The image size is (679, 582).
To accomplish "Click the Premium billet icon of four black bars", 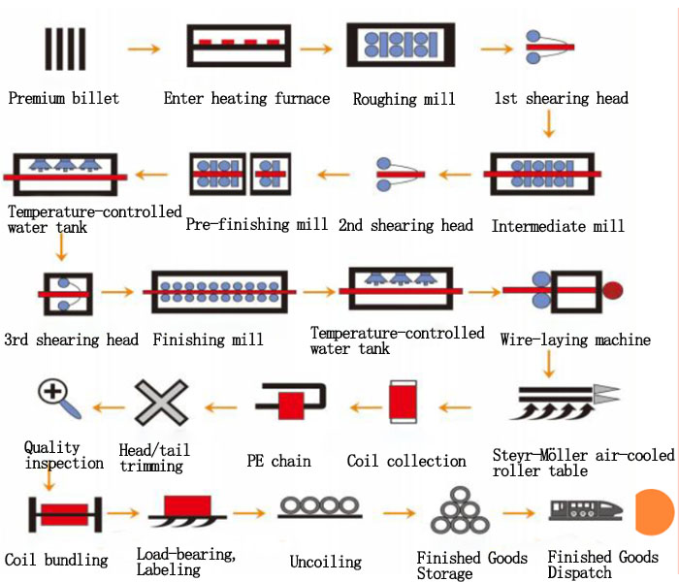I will pos(65,46).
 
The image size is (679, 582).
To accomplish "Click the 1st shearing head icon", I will pos(549,45).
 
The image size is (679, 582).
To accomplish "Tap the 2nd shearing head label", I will pos(405,225).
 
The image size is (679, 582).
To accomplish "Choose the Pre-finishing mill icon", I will pos(240,175).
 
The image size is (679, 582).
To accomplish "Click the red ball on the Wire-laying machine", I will pos(613,289).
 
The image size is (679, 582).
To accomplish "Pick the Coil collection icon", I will pos(402,402).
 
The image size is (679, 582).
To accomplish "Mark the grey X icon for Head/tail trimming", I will pos(160,402).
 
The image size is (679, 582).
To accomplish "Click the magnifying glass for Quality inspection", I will pos(52,394).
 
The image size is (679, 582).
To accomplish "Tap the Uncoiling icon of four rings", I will pos(321,508).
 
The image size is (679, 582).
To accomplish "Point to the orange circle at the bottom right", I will pos(657,511).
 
